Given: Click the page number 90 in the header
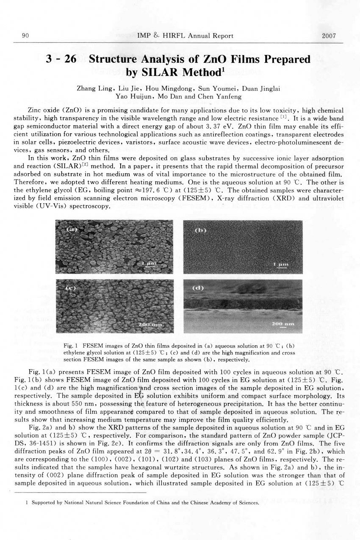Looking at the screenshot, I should point(25,36).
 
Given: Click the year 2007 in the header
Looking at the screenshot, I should point(329,36).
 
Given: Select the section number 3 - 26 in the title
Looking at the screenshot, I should point(61,59).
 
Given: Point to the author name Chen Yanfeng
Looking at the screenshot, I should point(225,96).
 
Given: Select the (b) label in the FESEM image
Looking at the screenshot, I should point(200,231).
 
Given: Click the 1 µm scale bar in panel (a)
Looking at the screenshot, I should point(149,263).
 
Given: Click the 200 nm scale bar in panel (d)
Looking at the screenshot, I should point(283,324).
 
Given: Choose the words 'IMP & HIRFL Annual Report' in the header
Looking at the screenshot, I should point(185,36).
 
